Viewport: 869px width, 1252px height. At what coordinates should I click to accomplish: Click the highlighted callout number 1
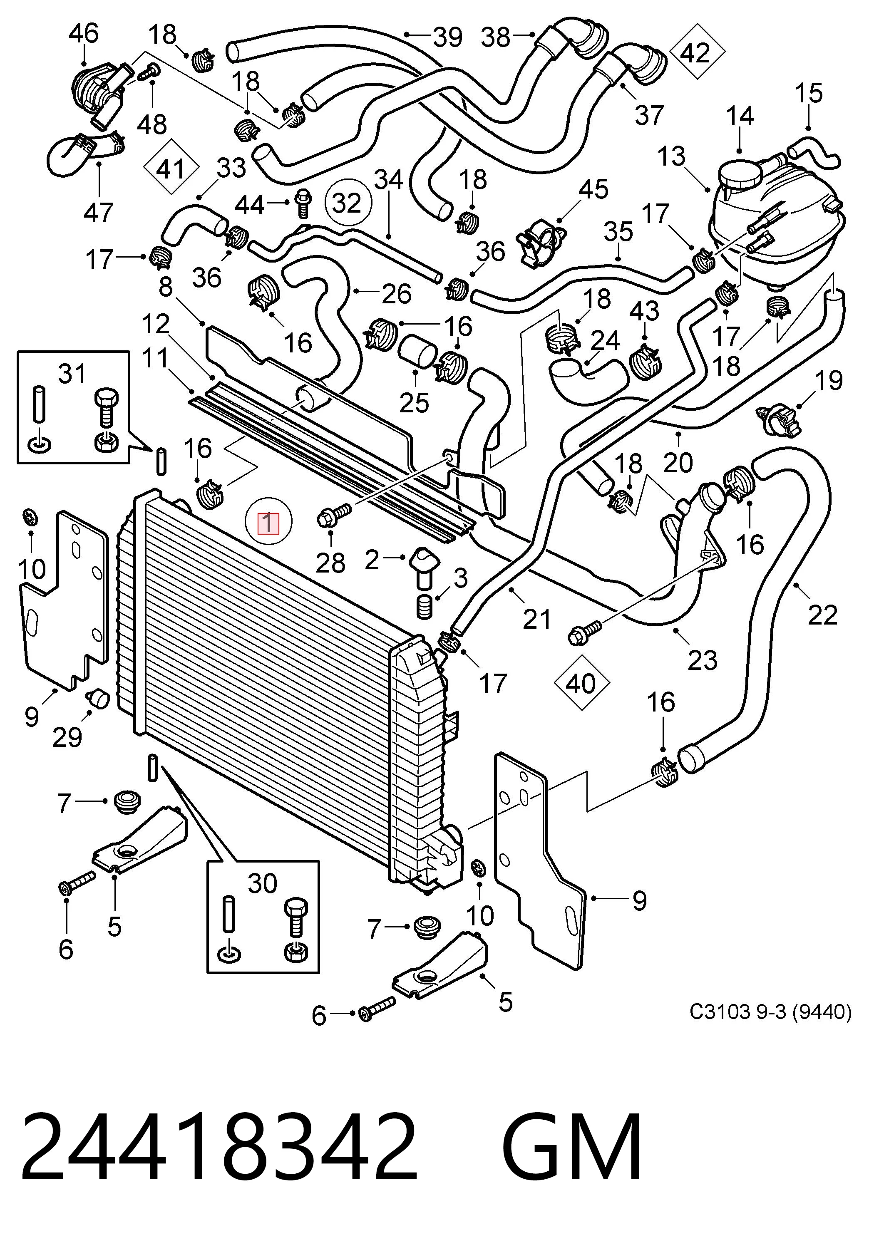[268, 523]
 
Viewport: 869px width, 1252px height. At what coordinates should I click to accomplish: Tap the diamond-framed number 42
[697, 53]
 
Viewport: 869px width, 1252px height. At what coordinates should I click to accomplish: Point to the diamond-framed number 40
[581, 683]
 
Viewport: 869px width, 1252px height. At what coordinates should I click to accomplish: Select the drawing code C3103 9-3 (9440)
[770, 1012]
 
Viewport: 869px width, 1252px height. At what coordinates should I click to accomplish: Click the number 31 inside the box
[72, 374]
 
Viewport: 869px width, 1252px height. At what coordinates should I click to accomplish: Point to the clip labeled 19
[779, 419]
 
